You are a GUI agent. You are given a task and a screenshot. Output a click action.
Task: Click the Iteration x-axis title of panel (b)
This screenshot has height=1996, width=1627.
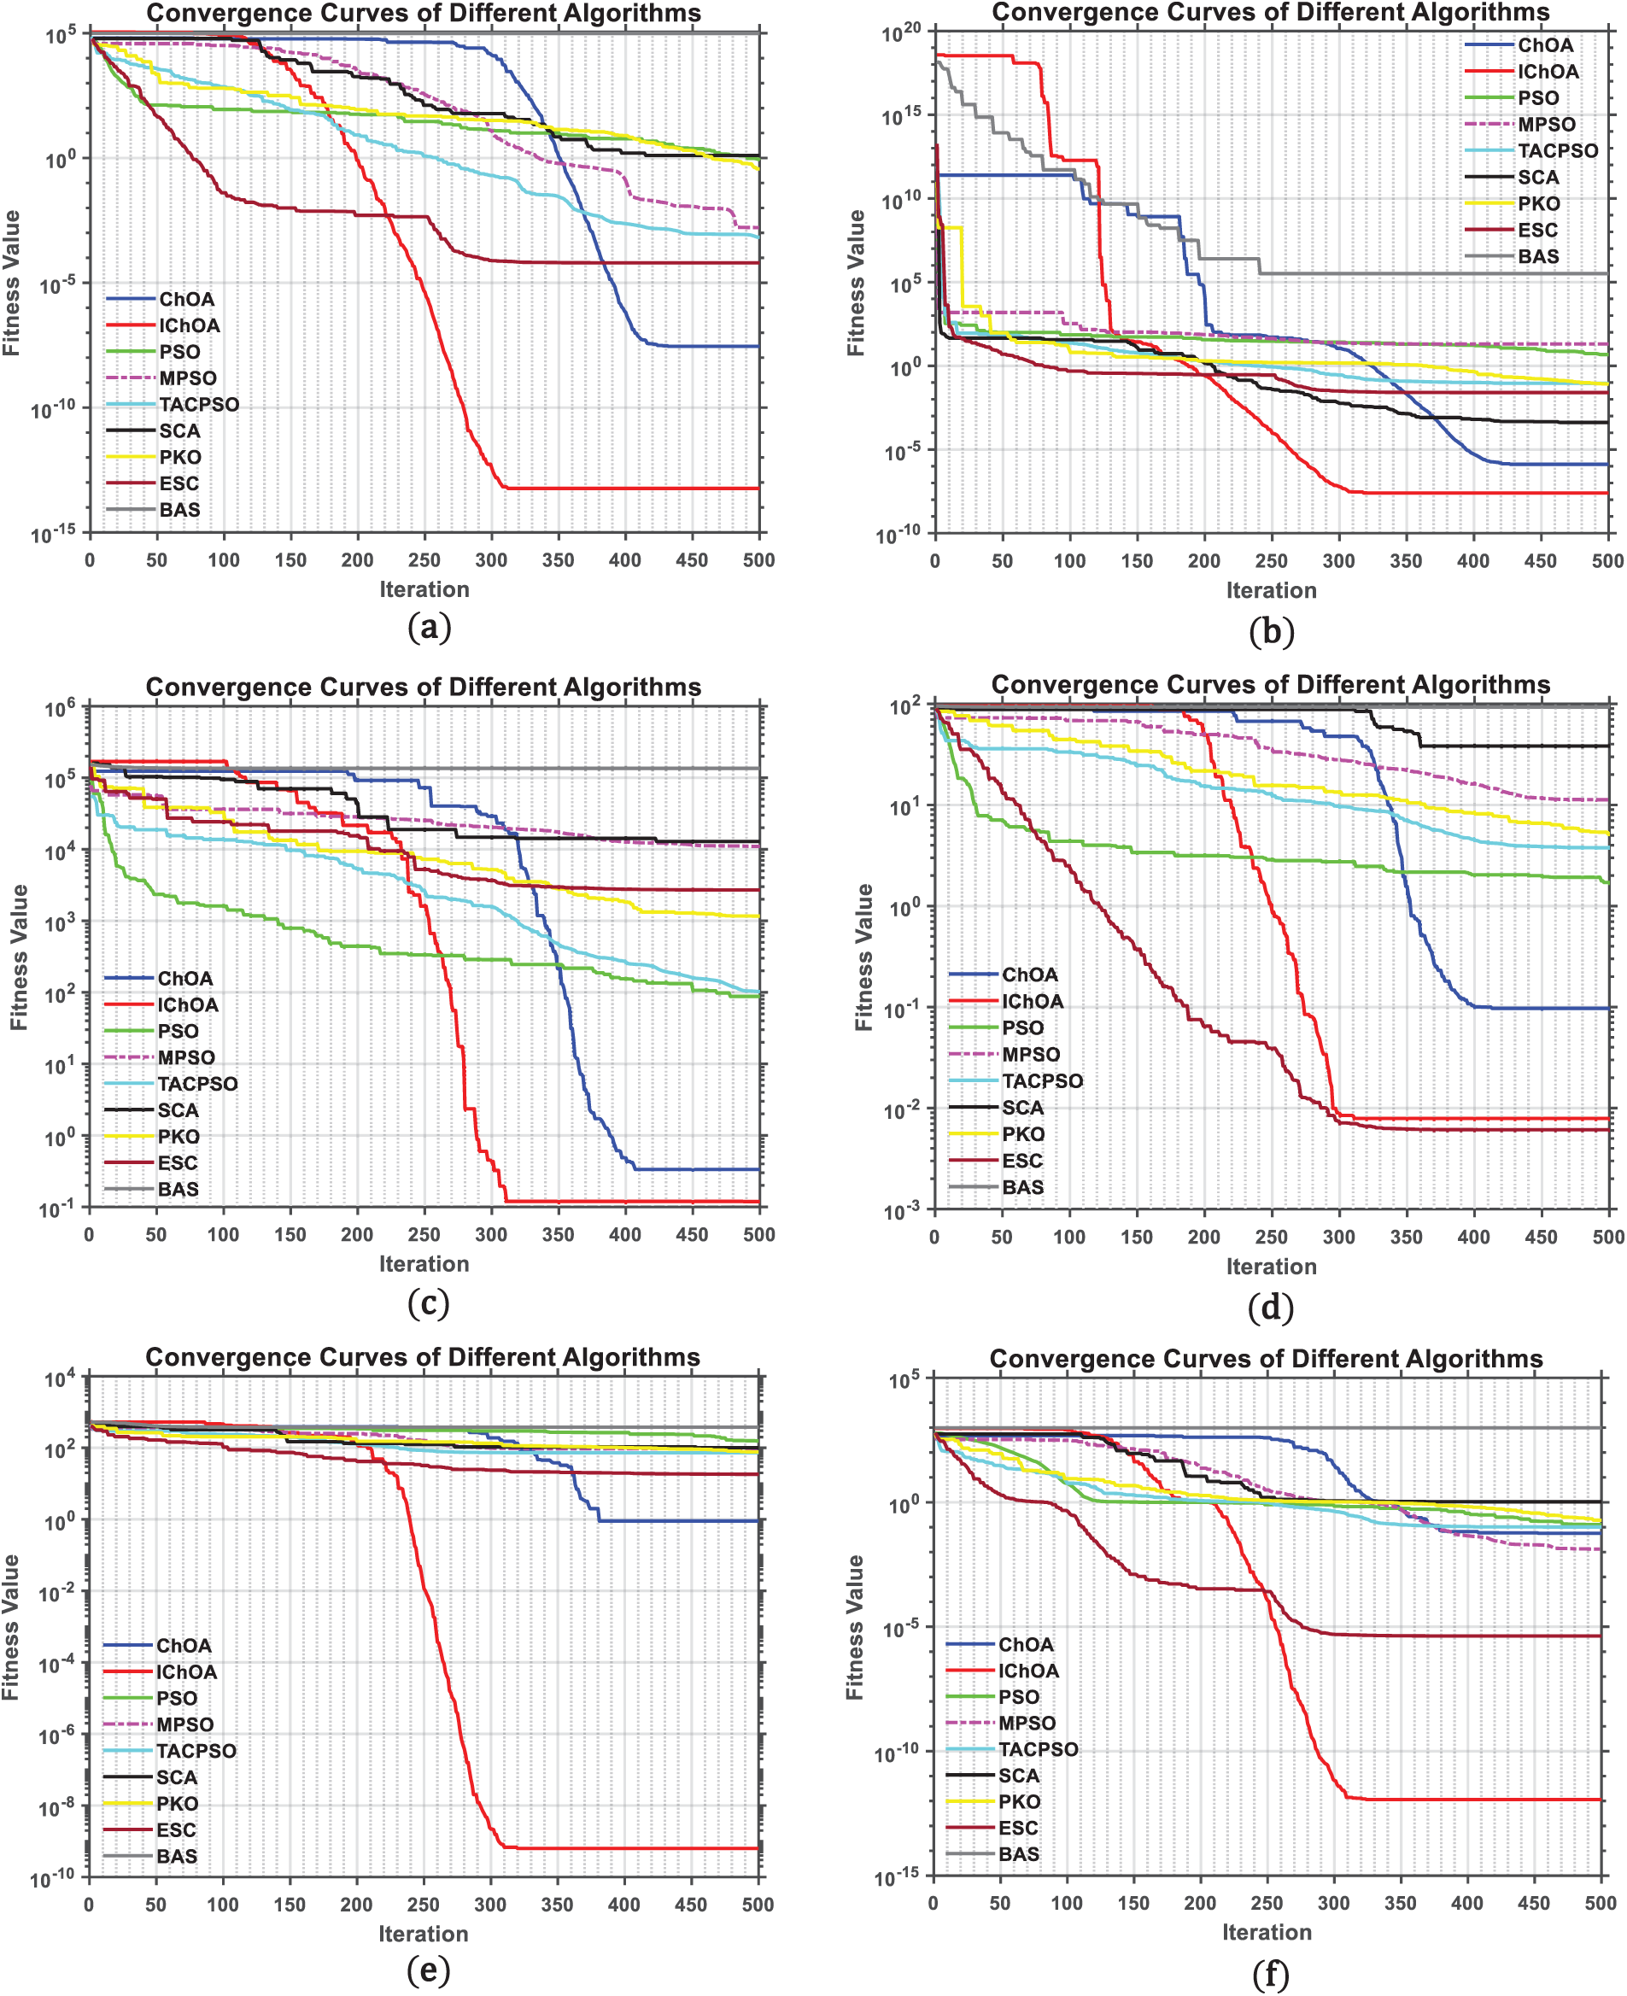pyautogui.click(x=1271, y=590)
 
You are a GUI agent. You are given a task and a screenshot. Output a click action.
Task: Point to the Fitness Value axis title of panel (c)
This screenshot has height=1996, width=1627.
pyautogui.click(x=18, y=957)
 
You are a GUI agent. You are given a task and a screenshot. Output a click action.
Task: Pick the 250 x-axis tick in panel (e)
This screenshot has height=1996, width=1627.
pyautogui.click(x=423, y=1904)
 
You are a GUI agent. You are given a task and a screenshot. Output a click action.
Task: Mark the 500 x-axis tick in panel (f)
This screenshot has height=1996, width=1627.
pyautogui.click(x=1601, y=1903)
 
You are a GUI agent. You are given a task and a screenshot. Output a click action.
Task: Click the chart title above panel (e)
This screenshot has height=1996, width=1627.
pyautogui.click(x=423, y=1357)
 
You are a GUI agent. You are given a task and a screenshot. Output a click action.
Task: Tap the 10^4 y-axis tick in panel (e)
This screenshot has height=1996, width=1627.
pyautogui.click(x=59, y=1379)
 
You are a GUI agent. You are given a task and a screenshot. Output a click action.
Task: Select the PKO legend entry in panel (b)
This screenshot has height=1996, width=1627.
pyautogui.click(x=1539, y=203)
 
